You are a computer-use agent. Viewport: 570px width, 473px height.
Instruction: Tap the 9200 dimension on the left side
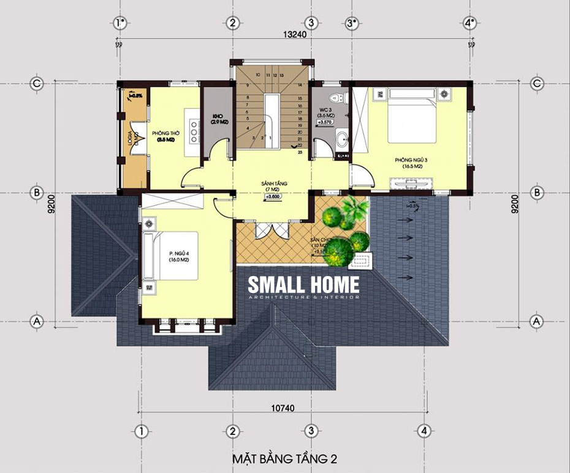[54, 203]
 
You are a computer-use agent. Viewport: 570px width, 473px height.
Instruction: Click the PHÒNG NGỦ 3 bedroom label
[410, 162]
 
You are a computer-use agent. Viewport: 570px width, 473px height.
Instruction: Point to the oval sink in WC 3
[342, 140]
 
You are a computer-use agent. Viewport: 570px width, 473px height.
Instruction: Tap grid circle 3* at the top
[351, 23]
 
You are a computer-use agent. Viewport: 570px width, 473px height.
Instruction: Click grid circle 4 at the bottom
[424, 430]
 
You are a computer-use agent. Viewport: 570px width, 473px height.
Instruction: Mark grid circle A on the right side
[538, 320]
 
